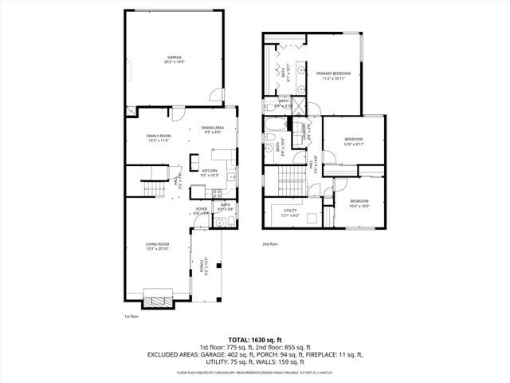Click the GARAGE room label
[x=174, y=58]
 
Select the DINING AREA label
[x=212, y=129]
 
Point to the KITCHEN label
[x=210, y=172]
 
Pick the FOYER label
[x=202, y=210]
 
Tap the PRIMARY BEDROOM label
[x=331, y=73]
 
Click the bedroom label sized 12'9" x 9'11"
[x=353, y=140]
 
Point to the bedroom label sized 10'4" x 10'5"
[x=359, y=202]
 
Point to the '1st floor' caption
[x=131, y=317]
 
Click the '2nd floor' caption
[x=270, y=244]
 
